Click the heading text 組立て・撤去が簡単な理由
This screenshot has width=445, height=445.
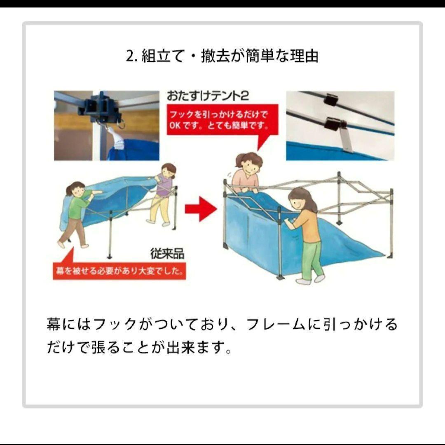click(230, 56)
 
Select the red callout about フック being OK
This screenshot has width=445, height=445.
click(222, 119)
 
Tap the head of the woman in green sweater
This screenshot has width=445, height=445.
click(75, 190)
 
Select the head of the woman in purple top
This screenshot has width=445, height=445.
click(168, 170)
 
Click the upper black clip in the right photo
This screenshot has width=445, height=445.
click(330, 99)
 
